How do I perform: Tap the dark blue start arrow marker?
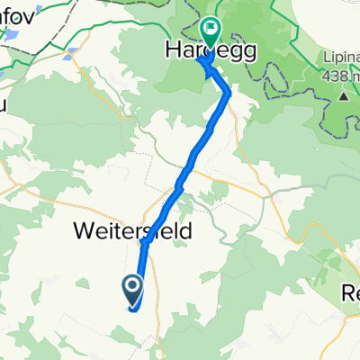click(131, 289)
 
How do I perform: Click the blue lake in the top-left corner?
click(13, 33)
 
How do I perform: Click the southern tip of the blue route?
click(133, 310)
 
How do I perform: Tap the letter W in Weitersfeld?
click(81, 232)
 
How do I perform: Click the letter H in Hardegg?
click(173, 51)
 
